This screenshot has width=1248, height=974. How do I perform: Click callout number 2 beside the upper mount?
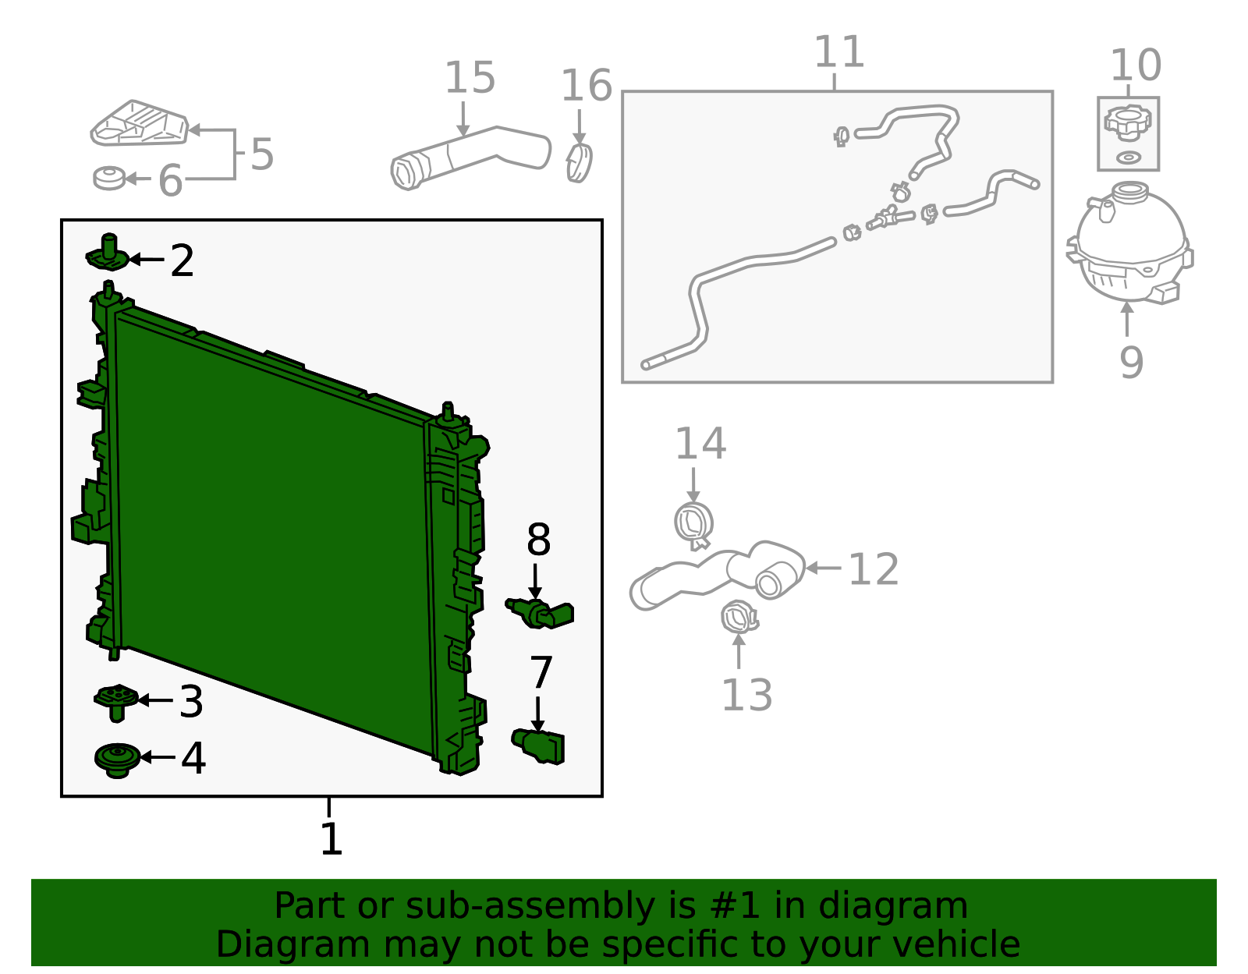tap(182, 260)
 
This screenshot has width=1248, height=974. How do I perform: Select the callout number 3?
tap(191, 701)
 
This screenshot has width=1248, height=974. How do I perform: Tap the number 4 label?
tap(193, 758)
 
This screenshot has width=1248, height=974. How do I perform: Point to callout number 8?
tap(538, 540)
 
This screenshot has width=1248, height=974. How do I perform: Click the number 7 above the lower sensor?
tap(541, 673)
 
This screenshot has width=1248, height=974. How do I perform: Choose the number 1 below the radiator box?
tap(331, 839)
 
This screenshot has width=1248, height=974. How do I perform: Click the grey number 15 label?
tap(470, 77)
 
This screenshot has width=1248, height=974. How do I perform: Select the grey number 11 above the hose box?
tap(839, 51)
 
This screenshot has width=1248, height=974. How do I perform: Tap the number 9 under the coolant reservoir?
tap(1131, 362)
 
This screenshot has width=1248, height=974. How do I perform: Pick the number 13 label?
tap(746, 695)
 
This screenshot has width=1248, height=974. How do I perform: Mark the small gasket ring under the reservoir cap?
tap(1129, 158)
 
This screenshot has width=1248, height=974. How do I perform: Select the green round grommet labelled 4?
tap(117, 760)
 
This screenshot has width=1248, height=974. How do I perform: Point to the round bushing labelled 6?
tap(109, 178)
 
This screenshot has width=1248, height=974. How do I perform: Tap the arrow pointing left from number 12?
tap(823, 568)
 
